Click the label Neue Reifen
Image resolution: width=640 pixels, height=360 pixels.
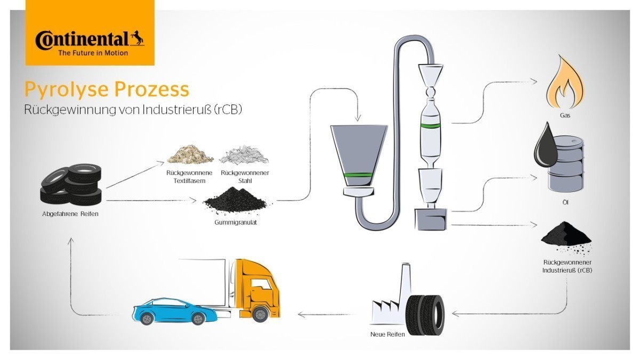388,334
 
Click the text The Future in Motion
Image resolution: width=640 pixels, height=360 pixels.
93,53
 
